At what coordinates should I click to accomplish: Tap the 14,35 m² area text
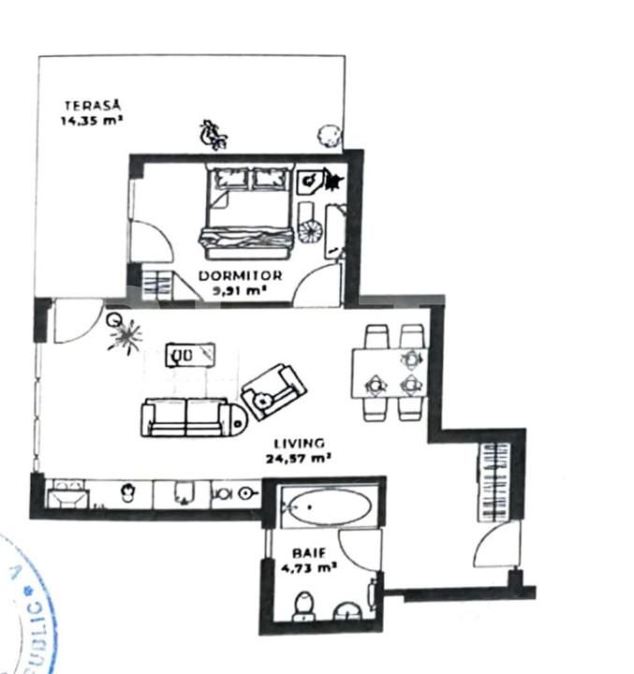pos(93,120)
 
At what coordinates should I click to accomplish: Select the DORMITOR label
pos(240,276)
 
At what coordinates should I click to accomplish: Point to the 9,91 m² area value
pos(240,291)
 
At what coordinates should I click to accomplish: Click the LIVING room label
pos(299,443)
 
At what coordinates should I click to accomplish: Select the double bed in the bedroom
pos(247,212)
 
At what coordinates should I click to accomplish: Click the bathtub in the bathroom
pos(327,507)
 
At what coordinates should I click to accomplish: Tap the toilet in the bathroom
pos(304,606)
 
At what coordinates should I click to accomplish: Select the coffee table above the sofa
pos(191,355)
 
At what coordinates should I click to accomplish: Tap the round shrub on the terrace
pos(327,135)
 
